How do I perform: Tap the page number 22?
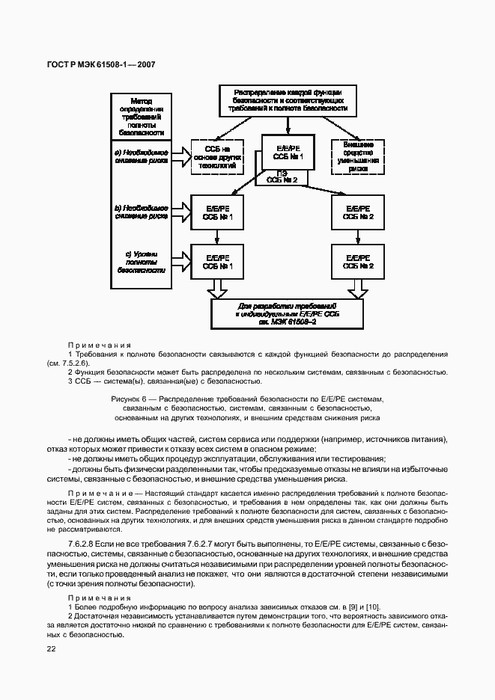(52, 649)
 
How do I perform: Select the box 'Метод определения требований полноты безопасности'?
(142, 115)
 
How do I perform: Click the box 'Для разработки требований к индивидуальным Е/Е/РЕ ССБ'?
(288, 313)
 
